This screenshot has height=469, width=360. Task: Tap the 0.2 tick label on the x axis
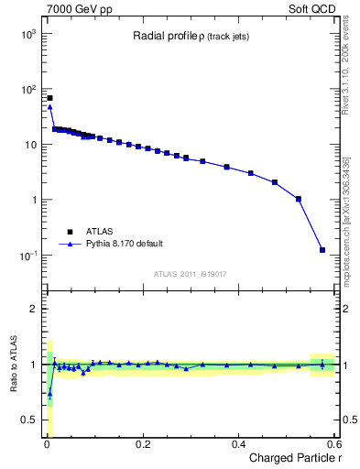point(142,444)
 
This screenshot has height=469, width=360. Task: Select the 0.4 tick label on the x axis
point(238,444)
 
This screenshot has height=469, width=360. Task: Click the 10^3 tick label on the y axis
point(27,34)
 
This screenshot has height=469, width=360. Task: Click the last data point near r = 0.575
point(322,249)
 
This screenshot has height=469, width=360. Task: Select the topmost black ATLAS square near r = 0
point(49,98)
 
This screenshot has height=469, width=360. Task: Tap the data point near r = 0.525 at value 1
point(298,199)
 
